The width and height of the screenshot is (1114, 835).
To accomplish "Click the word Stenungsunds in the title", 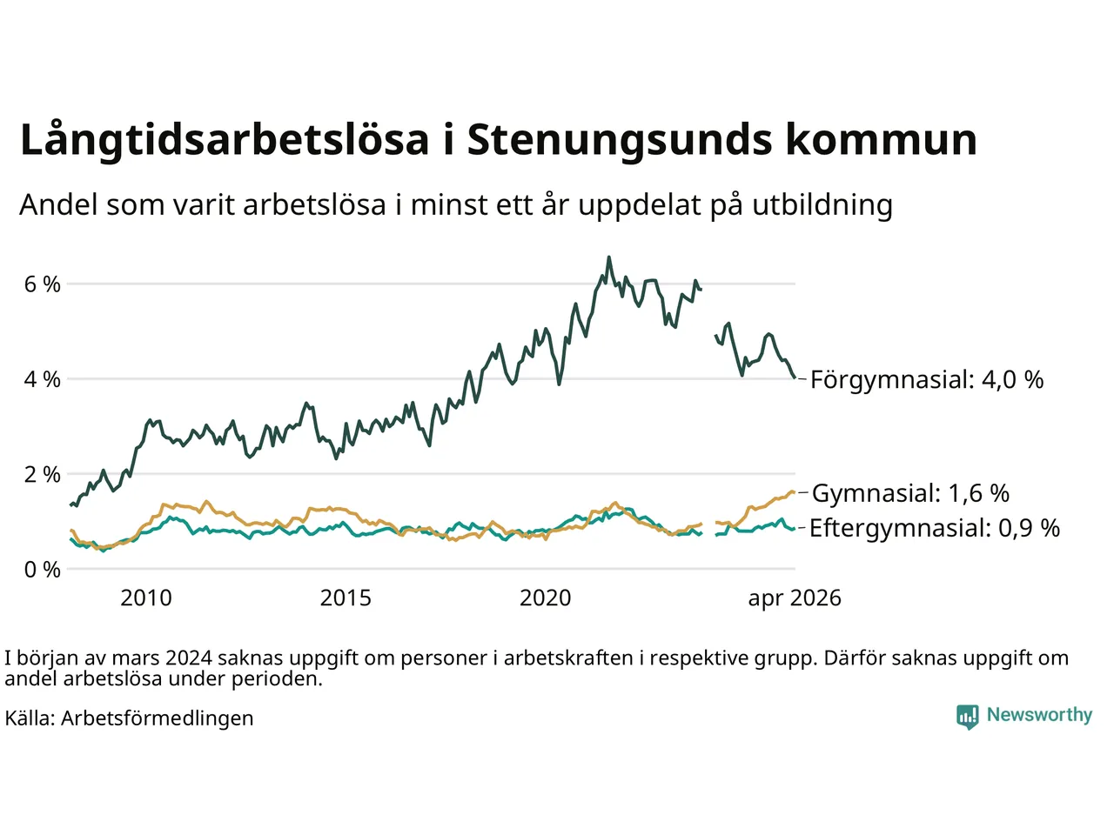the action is pyautogui.click(x=620, y=141).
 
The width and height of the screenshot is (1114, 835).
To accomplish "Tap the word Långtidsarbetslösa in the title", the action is pyautogui.click(x=225, y=139).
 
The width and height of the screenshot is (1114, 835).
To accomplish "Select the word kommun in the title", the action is pyautogui.click(x=882, y=139).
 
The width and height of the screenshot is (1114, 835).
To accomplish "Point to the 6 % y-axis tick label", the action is pyautogui.click(x=42, y=284).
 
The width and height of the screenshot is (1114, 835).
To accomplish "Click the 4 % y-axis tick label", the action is pyautogui.click(x=42, y=380).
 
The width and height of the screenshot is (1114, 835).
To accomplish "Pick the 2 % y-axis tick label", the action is pyautogui.click(x=42, y=475).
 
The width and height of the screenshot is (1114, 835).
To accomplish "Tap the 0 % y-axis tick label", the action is pyautogui.click(x=42, y=570).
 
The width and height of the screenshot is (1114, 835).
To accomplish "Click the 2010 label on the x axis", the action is pyautogui.click(x=146, y=598).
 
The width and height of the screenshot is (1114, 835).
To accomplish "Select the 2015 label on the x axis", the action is pyautogui.click(x=346, y=598).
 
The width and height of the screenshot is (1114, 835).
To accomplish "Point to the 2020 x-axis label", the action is pyautogui.click(x=546, y=598).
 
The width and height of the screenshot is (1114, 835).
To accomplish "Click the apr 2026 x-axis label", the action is pyautogui.click(x=795, y=599).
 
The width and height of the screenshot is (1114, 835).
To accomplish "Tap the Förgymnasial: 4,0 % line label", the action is pyautogui.click(x=927, y=380).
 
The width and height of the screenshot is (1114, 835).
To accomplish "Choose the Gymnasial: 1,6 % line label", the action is pyautogui.click(x=910, y=493).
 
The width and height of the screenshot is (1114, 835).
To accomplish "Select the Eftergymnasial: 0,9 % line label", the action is pyautogui.click(x=935, y=528).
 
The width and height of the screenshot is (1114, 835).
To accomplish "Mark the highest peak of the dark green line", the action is pyautogui.click(x=609, y=257).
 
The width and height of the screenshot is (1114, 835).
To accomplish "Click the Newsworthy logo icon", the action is pyautogui.click(x=967, y=716).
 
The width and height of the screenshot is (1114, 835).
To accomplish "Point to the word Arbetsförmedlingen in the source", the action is pyautogui.click(x=158, y=718).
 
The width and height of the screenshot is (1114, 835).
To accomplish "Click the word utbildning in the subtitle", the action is pyautogui.click(x=822, y=205).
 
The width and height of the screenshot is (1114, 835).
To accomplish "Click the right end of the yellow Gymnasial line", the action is pyautogui.click(x=795, y=491).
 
